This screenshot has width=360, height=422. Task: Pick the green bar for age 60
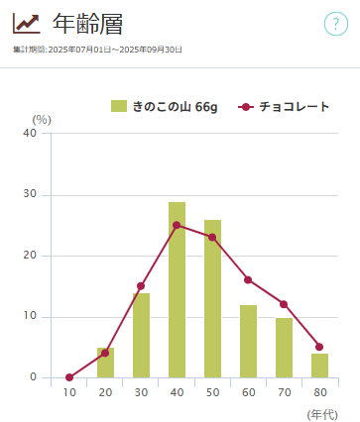[248, 341]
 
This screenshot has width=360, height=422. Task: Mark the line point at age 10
[69, 377]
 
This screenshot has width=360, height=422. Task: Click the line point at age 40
[177, 225]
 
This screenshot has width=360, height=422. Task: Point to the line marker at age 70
[284, 304]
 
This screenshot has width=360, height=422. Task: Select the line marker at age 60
[248, 279]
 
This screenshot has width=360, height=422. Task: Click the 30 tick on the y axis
[31, 194]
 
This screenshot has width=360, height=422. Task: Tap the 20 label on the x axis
[105, 393]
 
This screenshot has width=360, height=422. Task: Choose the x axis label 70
[284, 393]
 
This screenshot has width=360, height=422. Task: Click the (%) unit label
[41, 120]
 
